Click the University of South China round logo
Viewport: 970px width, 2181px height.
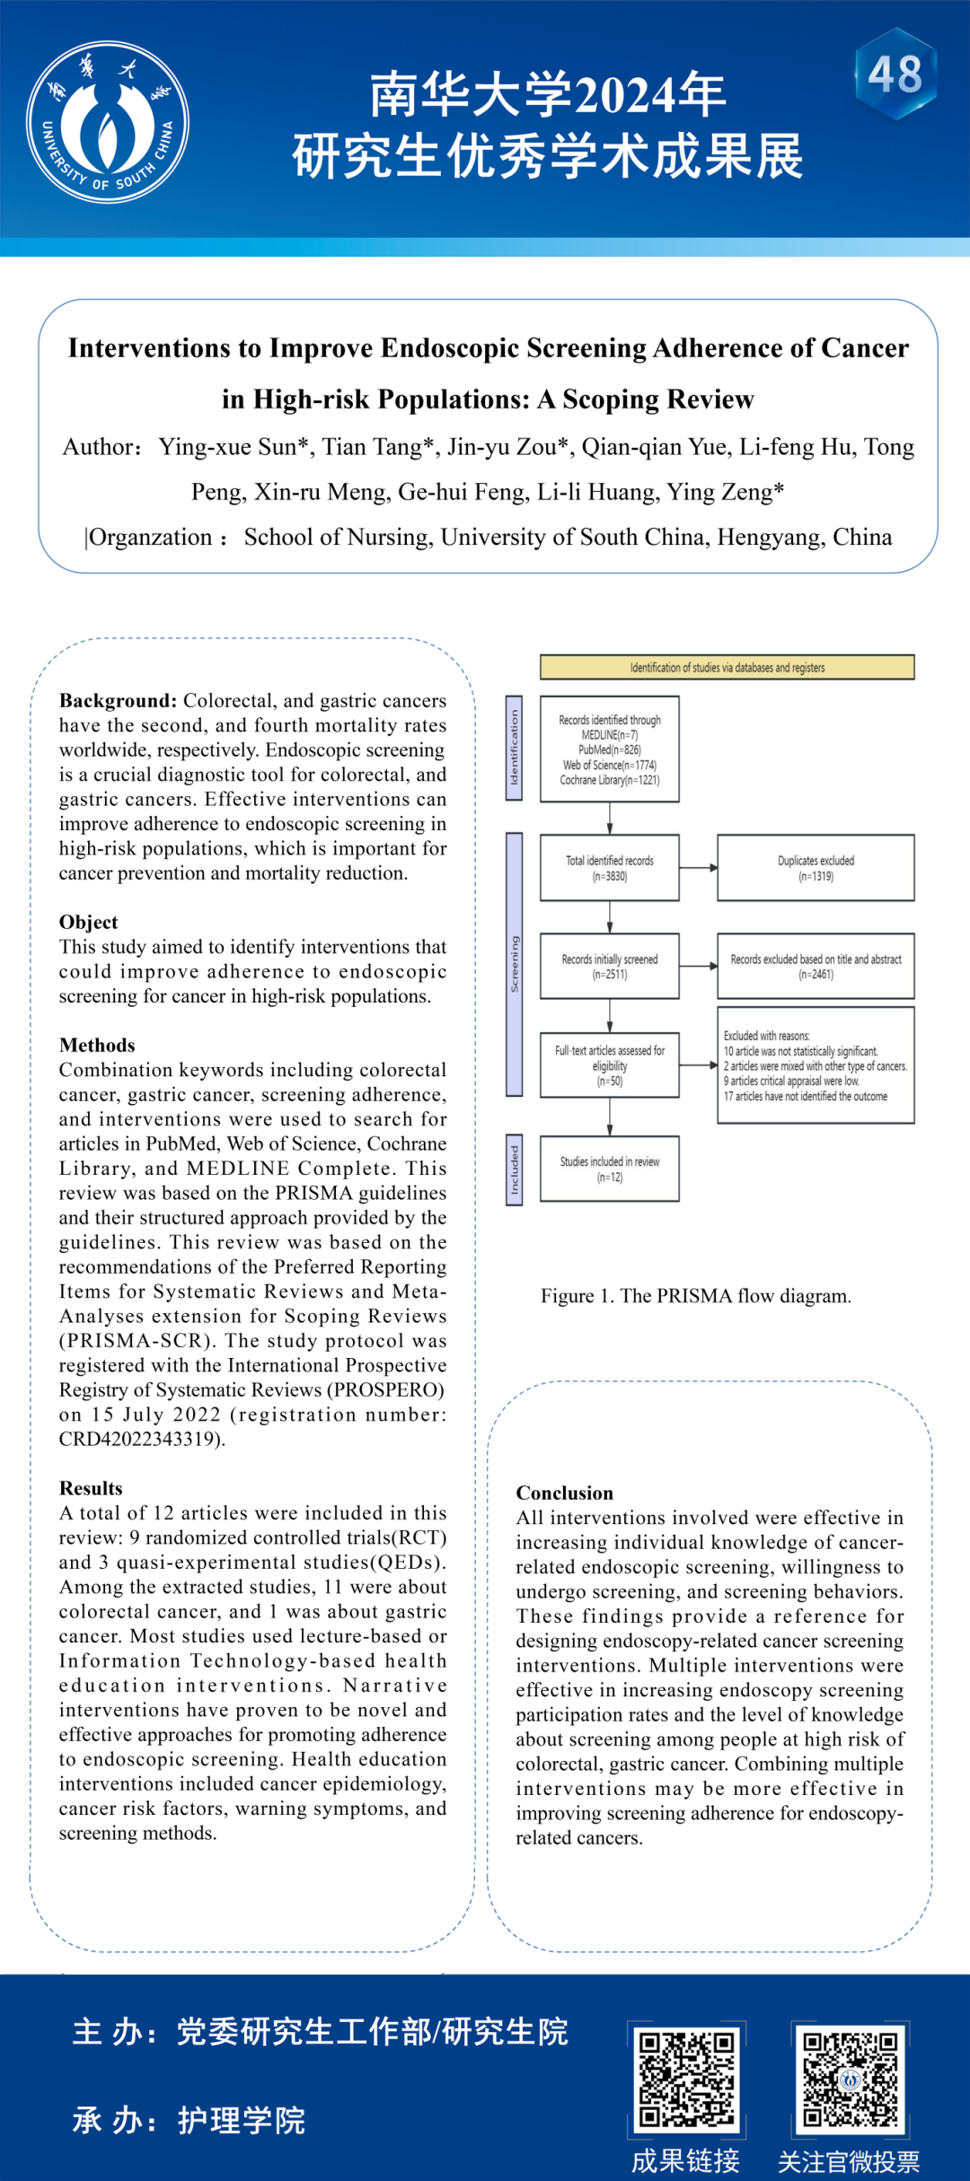108,122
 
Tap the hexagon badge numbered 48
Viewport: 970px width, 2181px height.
895,74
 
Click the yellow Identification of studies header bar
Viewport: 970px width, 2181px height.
727,667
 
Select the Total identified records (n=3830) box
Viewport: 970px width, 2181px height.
609,868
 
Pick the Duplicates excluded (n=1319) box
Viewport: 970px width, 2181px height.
816,868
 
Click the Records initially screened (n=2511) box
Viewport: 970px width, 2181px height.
609,966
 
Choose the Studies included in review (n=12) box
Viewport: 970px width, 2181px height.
609,1169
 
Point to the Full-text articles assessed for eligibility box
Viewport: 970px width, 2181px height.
609,1065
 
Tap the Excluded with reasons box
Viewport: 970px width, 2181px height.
816,1065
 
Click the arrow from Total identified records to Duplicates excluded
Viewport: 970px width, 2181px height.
698,868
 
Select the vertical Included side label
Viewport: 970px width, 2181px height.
515,1169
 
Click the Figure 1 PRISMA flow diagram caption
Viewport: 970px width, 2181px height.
695,1296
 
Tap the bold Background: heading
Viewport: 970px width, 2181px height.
119,701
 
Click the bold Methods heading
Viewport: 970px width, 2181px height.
97,1046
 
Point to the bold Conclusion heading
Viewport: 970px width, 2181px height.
564,1493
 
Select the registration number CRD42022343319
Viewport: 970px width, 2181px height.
140,1440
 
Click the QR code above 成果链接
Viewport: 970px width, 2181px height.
687,2079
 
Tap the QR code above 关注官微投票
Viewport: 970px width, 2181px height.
850,2079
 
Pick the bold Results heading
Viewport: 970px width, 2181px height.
91,1488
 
